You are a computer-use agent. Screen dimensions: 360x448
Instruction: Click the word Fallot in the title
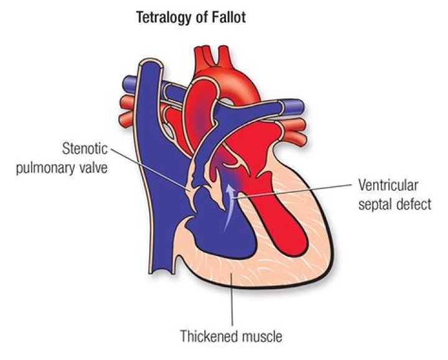227,18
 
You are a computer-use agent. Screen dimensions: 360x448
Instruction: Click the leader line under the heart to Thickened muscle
232,305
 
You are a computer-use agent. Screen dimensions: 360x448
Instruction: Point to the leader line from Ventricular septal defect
299,191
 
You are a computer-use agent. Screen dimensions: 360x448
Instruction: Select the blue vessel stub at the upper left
129,81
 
